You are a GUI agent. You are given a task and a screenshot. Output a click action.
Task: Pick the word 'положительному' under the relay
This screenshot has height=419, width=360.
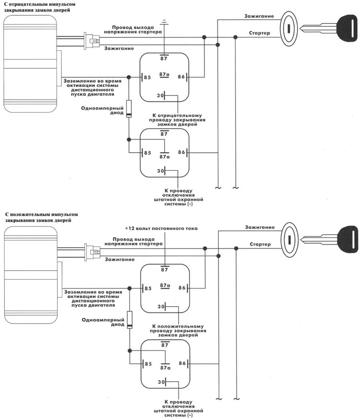click(179, 325)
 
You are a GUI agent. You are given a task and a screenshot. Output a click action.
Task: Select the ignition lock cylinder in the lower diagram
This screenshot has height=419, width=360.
click(289, 235)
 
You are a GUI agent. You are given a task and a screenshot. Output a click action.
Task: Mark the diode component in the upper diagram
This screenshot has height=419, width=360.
click(129, 109)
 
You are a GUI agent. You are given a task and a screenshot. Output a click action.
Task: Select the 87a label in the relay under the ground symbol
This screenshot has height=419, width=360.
click(164, 75)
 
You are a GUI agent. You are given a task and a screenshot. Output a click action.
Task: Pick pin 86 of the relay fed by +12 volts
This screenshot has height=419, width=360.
click(181, 288)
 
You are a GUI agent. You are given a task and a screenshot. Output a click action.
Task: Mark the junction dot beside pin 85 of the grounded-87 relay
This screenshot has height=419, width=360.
click(129, 77)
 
